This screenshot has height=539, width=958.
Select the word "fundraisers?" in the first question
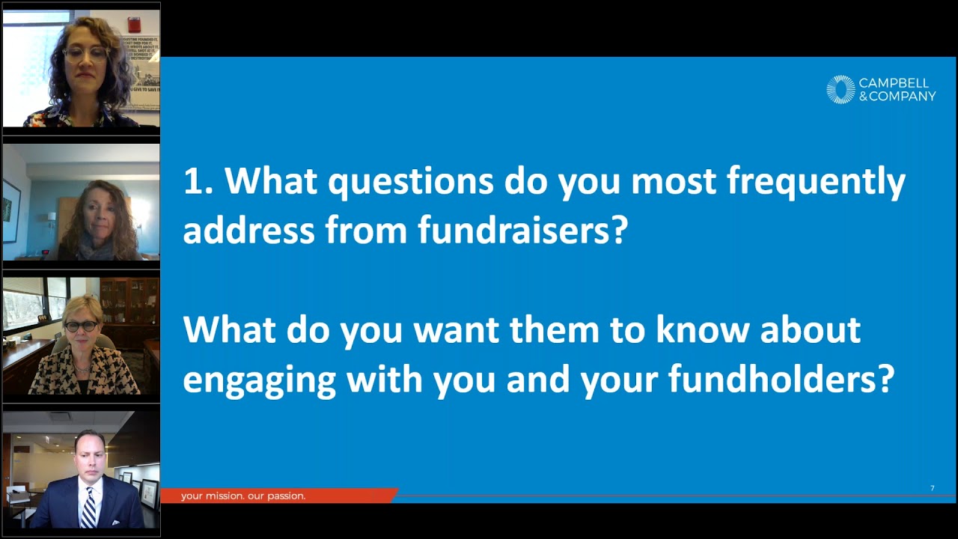pyautogui.click(x=522, y=231)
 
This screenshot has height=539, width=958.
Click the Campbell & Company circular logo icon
pyautogui.click(x=840, y=90)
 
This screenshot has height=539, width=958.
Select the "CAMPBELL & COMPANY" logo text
pyautogui.click(x=897, y=90)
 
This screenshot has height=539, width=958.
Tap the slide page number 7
pyautogui.click(x=932, y=488)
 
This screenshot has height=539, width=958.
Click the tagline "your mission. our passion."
pyautogui.click(x=243, y=496)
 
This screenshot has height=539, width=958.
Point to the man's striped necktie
pyautogui.click(x=88, y=510)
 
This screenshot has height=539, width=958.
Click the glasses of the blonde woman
pyautogui.click(x=81, y=326)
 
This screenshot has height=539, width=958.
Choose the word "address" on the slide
pyautogui.click(x=248, y=231)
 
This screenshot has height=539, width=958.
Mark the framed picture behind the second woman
pyautogui.click(x=11, y=210)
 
